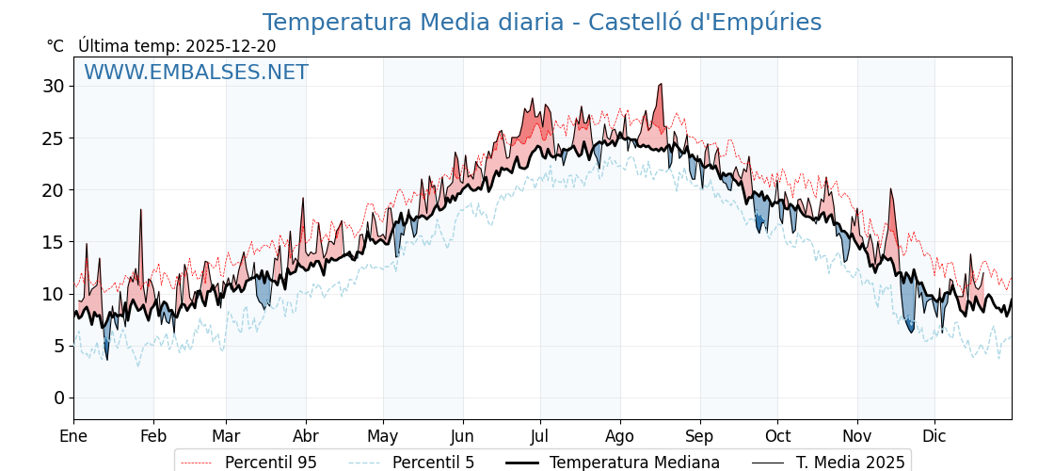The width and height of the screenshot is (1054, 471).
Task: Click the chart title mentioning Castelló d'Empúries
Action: (541, 23)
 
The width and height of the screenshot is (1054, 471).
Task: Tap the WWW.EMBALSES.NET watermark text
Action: (196, 73)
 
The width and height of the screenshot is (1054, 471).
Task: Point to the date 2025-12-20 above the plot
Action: (231, 46)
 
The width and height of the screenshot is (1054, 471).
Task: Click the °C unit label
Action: (55, 46)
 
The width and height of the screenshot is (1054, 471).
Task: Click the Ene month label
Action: (73, 436)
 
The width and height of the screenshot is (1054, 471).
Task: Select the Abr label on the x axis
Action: (306, 436)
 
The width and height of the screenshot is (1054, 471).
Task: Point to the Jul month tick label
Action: (540, 436)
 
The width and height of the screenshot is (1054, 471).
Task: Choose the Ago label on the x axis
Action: (620, 436)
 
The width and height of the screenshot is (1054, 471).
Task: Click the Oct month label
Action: (777, 436)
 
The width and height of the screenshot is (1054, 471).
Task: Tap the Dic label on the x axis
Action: (934, 436)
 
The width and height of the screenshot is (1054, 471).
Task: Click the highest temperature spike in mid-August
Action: (661, 85)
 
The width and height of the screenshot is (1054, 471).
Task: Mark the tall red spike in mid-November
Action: (890, 189)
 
